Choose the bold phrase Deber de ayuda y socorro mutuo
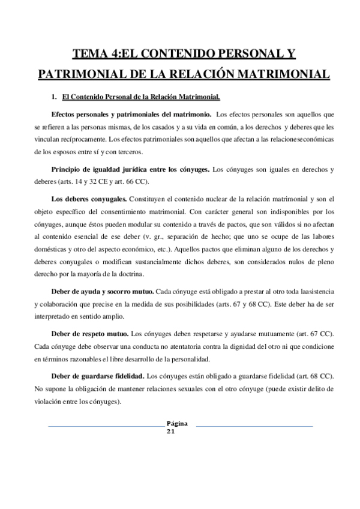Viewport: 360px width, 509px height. pyautogui.click(x=103, y=291)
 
